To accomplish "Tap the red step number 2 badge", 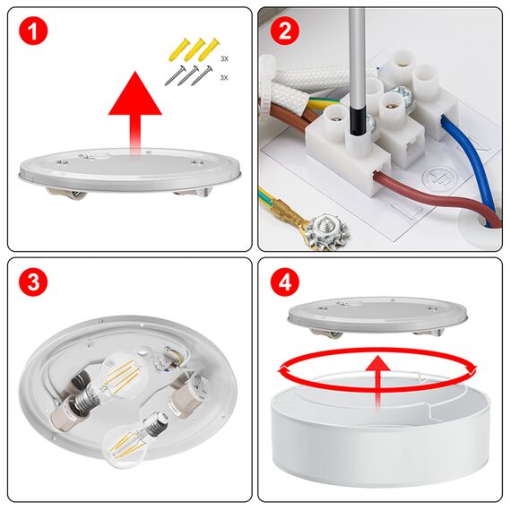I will click(x=285, y=33).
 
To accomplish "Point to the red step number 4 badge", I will click(x=285, y=283).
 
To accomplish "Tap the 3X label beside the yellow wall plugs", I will click(x=224, y=58).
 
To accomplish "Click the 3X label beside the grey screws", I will click(x=224, y=79).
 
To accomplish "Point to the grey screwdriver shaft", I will click(x=356, y=54).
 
